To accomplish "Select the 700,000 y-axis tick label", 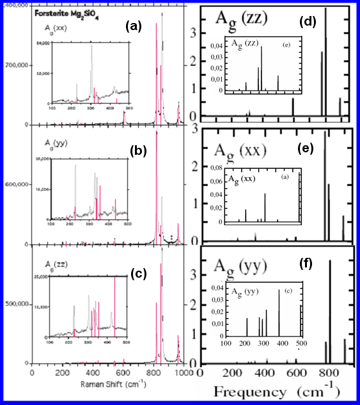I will pyautogui.click(x=15, y=65).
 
